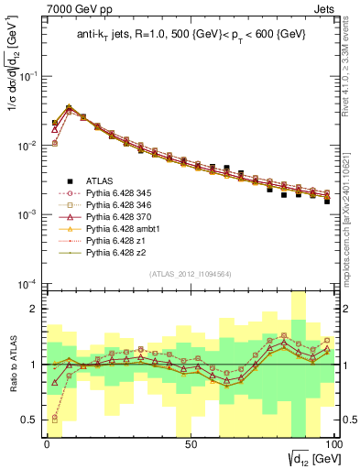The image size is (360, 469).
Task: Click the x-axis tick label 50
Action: click(190, 443)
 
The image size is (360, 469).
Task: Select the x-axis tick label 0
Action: click(47, 443)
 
